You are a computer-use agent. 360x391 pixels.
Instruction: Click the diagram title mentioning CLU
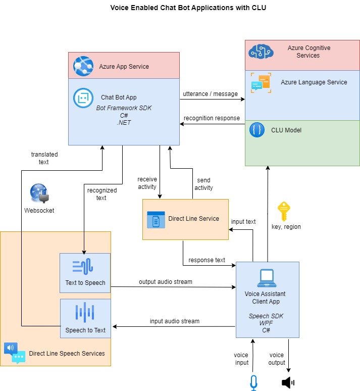click(188, 8)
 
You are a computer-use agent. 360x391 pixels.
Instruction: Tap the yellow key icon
click(284, 211)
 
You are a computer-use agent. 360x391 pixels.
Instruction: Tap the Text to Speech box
click(85, 272)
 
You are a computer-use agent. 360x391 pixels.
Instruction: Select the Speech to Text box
click(85, 319)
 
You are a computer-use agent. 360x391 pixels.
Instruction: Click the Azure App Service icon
click(83, 66)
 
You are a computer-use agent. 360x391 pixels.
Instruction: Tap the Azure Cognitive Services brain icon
click(261, 51)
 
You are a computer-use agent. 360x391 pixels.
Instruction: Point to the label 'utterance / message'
click(211, 94)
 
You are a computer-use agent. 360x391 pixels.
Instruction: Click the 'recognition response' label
click(212, 118)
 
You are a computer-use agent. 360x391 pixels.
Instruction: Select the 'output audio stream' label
click(166, 281)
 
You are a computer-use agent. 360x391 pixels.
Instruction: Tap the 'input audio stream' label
click(174, 321)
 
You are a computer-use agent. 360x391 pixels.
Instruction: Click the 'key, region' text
click(286, 227)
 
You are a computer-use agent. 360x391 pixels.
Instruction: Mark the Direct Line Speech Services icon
click(15, 353)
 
